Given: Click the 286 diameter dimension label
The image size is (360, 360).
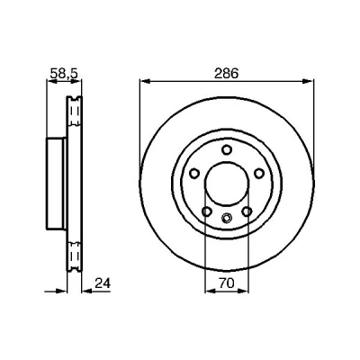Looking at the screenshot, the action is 226,73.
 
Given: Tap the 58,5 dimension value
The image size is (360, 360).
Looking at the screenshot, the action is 64,73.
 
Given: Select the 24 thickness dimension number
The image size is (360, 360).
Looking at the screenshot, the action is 103,283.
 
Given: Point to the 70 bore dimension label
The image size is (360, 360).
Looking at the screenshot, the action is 226,283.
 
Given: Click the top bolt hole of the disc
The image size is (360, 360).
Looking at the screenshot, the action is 227,149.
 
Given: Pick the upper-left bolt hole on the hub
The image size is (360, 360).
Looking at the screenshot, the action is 194,173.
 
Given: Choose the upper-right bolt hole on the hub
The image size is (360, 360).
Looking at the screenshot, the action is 258,173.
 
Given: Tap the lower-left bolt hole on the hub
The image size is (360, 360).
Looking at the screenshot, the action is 207,211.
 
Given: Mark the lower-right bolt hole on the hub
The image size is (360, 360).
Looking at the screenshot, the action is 247,211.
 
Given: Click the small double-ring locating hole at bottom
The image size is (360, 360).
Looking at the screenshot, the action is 227,218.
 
